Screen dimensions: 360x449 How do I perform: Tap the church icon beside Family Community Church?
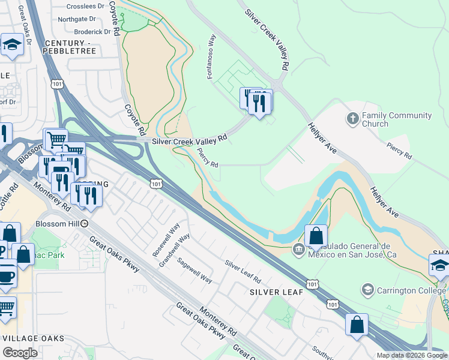tap(353, 119)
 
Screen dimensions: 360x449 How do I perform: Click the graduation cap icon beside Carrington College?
tap(367, 290)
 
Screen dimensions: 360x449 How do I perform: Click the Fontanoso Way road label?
tap(212, 59)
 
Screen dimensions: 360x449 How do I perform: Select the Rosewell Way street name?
tap(167, 241)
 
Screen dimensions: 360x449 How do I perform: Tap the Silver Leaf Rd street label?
tap(243, 271)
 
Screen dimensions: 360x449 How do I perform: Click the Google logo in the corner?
tap(20, 353)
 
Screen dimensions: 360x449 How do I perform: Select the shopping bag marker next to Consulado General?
tap(316, 235)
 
